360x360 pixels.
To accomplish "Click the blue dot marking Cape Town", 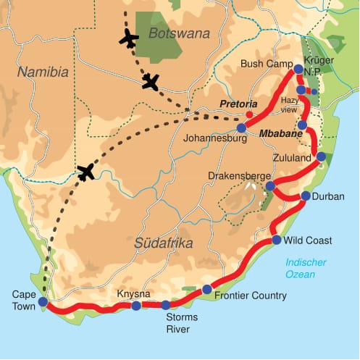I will pyautogui.click(x=43, y=301).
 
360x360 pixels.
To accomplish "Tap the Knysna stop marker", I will pyautogui.click(x=136, y=306).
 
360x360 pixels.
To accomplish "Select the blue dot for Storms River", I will pyautogui.click(x=166, y=305).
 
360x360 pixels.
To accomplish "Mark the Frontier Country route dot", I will pyautogui.click(x=207, y=290).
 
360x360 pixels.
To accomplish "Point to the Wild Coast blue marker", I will pyautogui.click(x=277, y=240).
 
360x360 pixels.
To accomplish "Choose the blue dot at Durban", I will pyautogui.click(x=306, y=196).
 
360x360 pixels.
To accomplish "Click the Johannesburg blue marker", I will pyautogui.click(x=241, y=127).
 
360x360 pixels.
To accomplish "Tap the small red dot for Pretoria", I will pyautogui.click(x=250, y=114).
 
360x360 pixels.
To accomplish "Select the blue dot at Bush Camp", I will pyautogui.click(x=298, y=70).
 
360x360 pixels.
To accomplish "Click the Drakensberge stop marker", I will pyautogui.click(x=269, y=187).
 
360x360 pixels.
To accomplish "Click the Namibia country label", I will pyautogui.click(x=43, y=72).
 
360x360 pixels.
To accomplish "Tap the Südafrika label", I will pyautogui.click(x=164, y=243).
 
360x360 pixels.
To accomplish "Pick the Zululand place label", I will pyautogui.click(x=290, y=156).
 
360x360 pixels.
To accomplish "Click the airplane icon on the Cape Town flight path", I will pyautogui.click(x=86, y=172).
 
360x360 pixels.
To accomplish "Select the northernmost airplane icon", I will pyautogui.click(x=129, y=38).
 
